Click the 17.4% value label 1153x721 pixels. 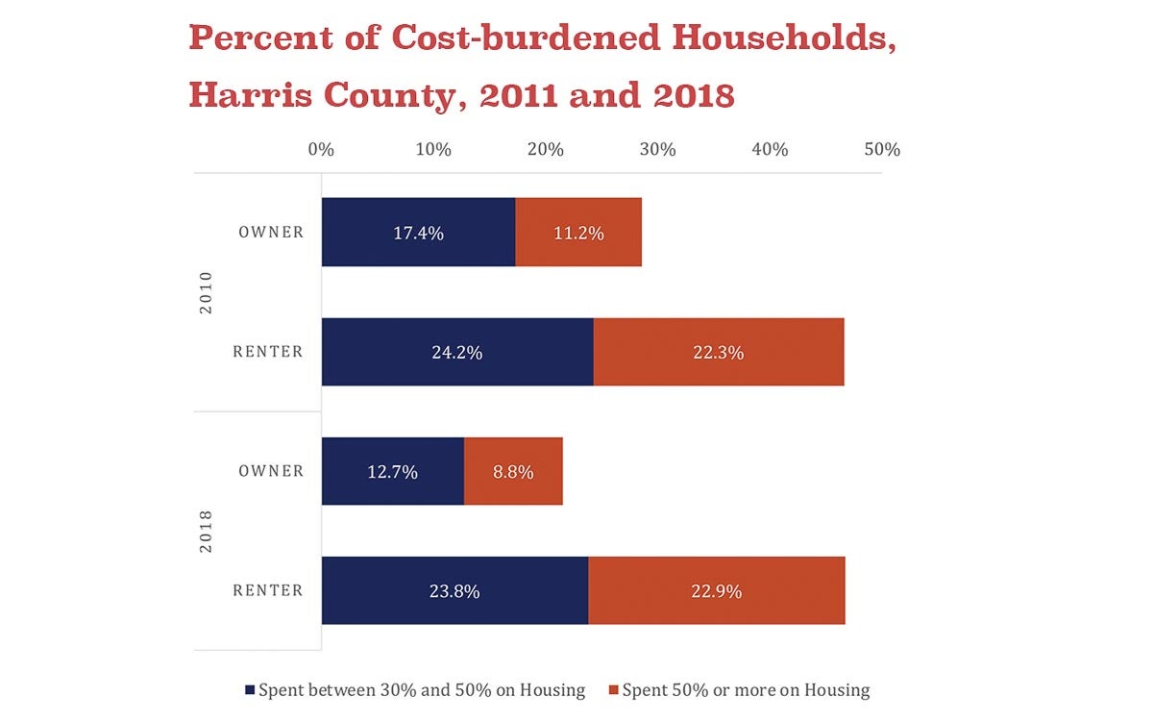tap(418, 233)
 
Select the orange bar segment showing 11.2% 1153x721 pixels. tap(578, 233)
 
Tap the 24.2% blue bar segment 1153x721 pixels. tap(457, 352)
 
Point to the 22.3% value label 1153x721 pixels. tap(718, 352)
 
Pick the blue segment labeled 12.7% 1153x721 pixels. tap(392, 471)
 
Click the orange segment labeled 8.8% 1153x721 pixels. tap(513, 471)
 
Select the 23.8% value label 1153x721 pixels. tap(454, 591)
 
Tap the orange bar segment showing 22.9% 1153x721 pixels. tap(716, 591)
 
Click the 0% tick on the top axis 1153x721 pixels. tap(321, 150)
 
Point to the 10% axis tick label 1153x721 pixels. tap(433, 150)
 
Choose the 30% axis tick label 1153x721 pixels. tap(658, 150)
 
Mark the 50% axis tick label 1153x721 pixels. tap(882, 150)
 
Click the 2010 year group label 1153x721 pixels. tap(206, 292)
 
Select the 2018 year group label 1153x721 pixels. tap(206, 532)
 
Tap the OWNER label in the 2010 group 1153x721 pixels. tap(271, 232)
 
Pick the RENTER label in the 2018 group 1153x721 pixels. tap(268, 590)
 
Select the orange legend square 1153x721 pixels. tap(614, 690)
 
